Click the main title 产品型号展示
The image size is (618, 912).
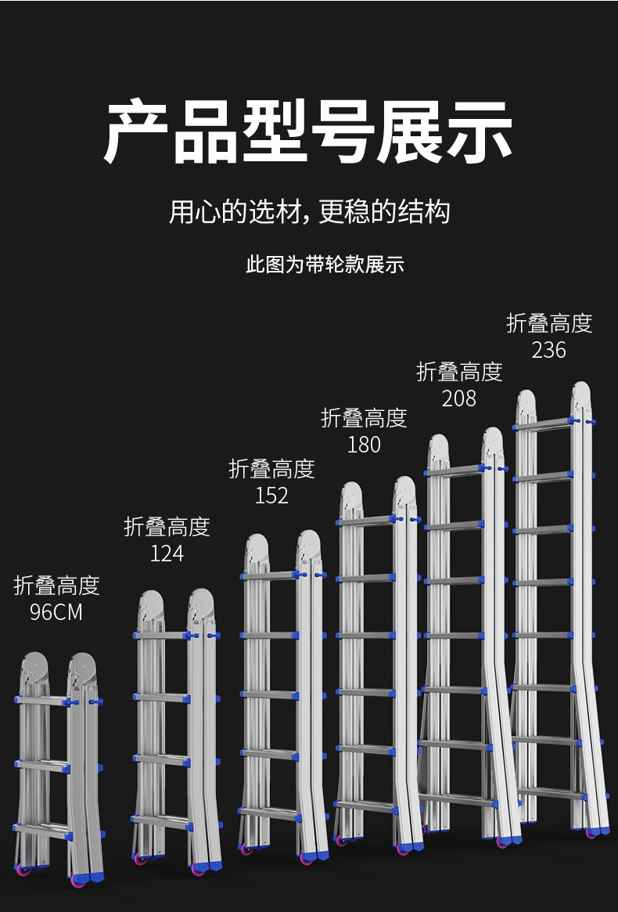(x=308, y=132)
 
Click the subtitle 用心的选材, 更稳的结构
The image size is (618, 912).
(x=310, y=211)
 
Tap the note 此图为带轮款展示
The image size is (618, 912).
(x=325, y=265)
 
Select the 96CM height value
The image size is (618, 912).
(x=56, y=611)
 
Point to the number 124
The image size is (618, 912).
(x=167, y=553)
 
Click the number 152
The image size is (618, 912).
(x=271, y=496)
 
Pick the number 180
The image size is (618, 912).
(x=364, y=445)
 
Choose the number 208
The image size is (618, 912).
(x=458, y=398)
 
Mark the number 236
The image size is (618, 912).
(x=548, y=350)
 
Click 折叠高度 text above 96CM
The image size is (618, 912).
(x=56, y=586)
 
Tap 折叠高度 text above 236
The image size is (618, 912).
(x=549, y=323)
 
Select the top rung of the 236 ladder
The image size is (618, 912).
(x=543, y=424)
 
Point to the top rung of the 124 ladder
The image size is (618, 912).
(x=161, y=635)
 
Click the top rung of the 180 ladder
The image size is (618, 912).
(x=365, y=520)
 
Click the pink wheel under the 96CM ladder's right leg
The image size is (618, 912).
(x=78, y=880)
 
